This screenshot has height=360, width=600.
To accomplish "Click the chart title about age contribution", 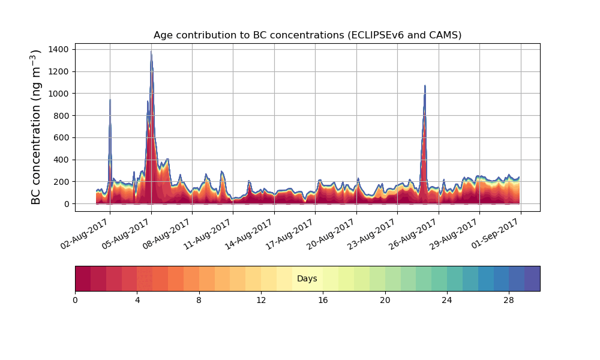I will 307,35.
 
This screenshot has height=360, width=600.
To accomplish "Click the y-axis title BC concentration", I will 37,127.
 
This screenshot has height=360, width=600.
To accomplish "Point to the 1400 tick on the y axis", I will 63,49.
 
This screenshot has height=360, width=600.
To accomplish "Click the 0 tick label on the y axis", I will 68,204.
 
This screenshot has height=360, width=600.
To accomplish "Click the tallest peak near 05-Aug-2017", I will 151,53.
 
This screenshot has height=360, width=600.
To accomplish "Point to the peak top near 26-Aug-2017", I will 425,86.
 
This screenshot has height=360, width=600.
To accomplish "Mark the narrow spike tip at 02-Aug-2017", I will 110,100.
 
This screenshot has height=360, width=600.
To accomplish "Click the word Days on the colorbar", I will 307,279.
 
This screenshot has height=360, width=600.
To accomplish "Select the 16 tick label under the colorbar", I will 323,300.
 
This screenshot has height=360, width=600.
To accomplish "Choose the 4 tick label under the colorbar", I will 137,300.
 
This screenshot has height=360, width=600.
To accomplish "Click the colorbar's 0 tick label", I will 75,300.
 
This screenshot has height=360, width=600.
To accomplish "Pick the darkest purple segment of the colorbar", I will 532,279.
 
